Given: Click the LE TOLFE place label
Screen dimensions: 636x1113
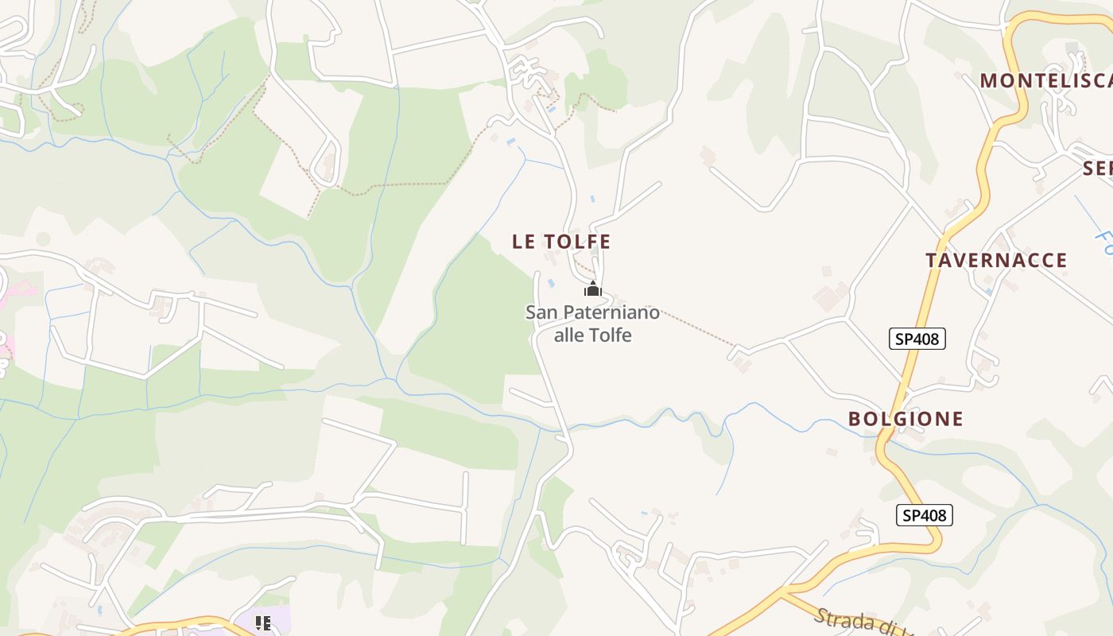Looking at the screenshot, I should pyautogui.click(x=561, y=242).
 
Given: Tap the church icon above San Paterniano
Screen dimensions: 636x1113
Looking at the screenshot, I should pyautogui.click(x=593, y=289).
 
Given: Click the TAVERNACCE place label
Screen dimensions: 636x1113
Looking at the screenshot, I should pyautogui.click(x=996, y=260).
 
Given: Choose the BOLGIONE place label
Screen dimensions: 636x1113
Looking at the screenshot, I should pyautogui.click(x=906, y=419).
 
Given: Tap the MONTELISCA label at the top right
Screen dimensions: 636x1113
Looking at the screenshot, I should pyautogui.click(x=1045, y=80).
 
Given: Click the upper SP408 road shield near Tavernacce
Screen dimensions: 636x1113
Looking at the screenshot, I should pyautogui.click(x=917, y=339).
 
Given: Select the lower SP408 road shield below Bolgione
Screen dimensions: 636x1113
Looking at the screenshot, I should pyautogui.click(x=924, y=515).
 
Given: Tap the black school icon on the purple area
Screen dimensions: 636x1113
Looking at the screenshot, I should pyautogui.click(x=263, y=622).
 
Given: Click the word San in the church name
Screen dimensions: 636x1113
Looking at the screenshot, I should pyautogui.click(x=539, y=312).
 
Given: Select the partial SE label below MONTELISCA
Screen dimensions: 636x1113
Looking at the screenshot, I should pyautogui.click(x=1097, y=169).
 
